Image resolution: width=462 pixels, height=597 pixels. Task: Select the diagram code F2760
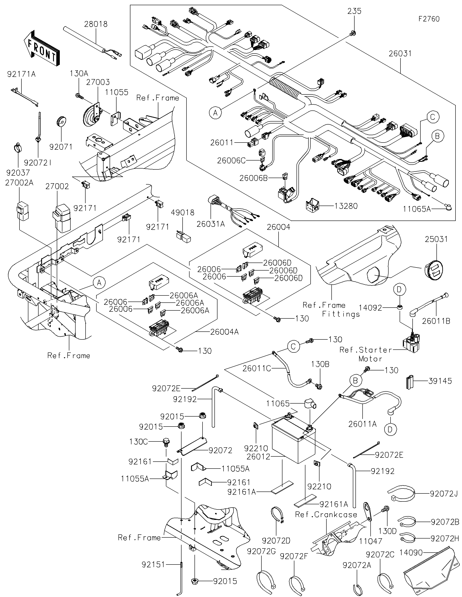click(429, 19)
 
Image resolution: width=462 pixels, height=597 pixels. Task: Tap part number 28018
click(96, 24)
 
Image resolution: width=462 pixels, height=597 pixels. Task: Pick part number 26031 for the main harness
click(400, 54)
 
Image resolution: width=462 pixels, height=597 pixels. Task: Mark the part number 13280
click(346, 206)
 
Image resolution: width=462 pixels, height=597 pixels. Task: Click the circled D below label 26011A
click(390, 429)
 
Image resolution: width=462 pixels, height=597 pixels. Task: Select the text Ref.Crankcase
click(326, 515)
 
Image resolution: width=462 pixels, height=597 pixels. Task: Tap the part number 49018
click(183, 212)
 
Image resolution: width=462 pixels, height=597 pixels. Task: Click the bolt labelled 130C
click(166, 442)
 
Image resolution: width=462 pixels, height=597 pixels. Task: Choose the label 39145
click(440, 381)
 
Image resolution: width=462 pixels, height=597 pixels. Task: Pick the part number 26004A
click(224, 332)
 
